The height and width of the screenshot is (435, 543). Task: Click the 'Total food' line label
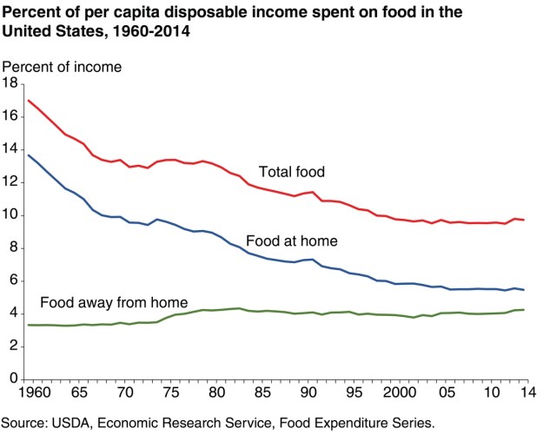(291, 172)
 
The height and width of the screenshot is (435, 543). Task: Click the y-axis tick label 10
(10, 215)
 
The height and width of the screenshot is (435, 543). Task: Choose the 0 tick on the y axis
(14, 379)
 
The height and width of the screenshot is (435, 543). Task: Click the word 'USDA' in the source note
(79, 423)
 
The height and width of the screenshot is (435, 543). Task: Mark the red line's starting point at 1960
(29, 100)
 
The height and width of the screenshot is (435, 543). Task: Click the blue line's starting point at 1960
(29, 155)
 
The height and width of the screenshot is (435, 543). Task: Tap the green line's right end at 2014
(524, 310)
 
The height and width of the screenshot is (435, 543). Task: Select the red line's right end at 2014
(524, 220)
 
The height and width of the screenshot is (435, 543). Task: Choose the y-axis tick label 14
(10, 149)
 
